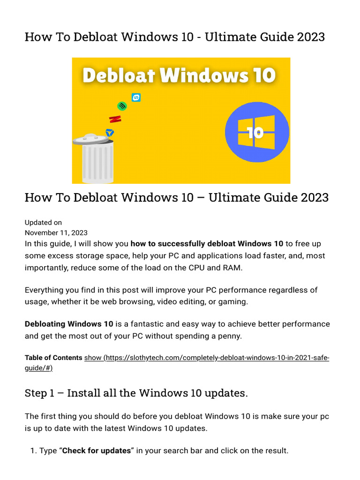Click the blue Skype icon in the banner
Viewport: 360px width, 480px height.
click(136, 97)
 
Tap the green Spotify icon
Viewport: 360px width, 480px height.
click(122, 106)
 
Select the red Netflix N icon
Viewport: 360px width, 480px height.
click(115, 119)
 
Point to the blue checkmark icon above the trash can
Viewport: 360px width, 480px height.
click(110, 133)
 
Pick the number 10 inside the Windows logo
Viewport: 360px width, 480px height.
click(255, 133)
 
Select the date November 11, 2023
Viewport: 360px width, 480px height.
click(56, 232)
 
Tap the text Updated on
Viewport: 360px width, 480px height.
click(43, 222)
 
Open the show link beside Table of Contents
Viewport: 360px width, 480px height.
click(92, 358)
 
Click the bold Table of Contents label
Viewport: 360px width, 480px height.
click(53, 358)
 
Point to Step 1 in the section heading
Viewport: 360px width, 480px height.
click(42, 393)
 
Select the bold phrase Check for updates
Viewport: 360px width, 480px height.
click(96, 450)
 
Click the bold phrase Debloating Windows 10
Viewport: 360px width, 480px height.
click(69, 324)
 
